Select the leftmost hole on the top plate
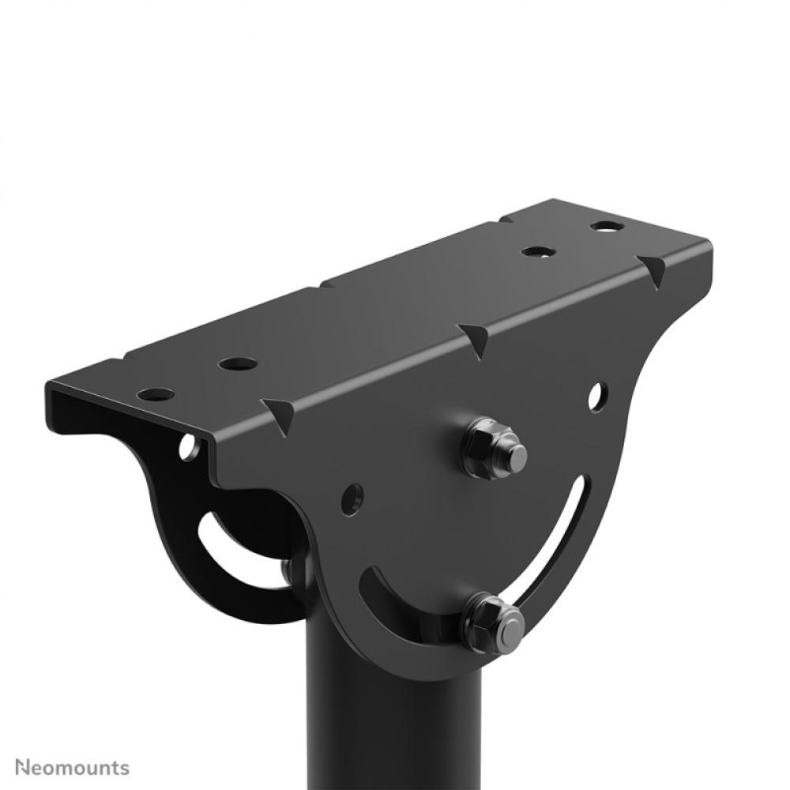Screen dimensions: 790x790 pyautogui.click(x=155, y=393)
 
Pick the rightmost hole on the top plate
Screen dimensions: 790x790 pyautogui.click(x=607, y=227)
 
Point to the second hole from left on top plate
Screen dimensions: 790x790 pyautogui.click(x=238, y=364)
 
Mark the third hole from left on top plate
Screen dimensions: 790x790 pyautogui.click(x=538, y=252)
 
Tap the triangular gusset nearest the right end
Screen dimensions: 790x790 pyautogui.click(x=653, y=269)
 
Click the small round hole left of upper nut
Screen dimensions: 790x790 pyautogui.click(x=352, y=498)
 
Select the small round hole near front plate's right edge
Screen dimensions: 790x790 pyautogui.click(x=597, y=396)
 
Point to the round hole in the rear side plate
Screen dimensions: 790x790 pyautogui.click(x=189, y=448)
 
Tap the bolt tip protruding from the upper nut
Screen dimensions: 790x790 pyautogui.click(x=514, y=457)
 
